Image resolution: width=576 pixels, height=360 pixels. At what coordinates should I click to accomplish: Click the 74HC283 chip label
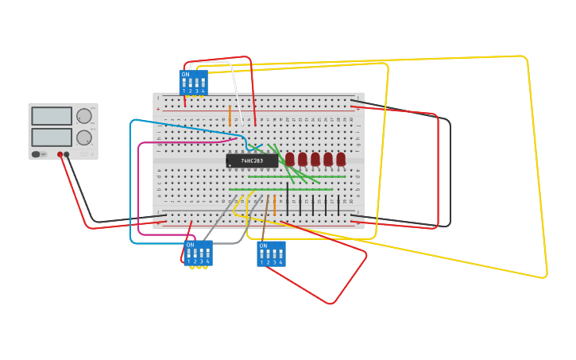252,161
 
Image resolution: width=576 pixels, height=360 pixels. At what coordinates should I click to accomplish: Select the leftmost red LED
290,159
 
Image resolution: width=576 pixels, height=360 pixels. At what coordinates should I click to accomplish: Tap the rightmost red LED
341,159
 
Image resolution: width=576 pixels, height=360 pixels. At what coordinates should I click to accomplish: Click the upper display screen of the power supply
52,116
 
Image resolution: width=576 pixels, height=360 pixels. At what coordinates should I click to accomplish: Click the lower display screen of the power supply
52,137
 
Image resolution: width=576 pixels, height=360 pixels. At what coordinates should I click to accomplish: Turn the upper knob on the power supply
83,116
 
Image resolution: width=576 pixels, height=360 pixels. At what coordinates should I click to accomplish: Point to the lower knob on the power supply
83,137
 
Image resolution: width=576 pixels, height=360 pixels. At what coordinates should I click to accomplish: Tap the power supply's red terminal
60,154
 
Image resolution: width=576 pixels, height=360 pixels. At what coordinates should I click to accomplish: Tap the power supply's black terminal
67,154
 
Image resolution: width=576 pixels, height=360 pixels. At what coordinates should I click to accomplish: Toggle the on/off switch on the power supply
37,154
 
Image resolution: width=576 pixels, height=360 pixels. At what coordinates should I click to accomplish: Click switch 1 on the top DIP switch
184,83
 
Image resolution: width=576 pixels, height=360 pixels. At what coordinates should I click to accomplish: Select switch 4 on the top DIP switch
203,83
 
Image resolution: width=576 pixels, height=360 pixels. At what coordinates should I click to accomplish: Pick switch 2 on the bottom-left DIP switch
195,254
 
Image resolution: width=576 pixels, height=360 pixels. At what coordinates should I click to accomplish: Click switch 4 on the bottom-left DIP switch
207,254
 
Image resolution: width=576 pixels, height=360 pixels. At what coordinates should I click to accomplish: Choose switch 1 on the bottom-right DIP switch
261,254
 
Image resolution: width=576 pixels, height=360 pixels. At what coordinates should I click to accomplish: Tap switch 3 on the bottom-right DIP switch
274,254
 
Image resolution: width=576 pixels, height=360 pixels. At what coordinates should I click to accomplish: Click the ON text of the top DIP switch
185,75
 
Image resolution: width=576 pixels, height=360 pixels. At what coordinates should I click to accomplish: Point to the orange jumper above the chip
230,115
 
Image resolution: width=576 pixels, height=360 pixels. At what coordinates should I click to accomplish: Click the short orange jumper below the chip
274,205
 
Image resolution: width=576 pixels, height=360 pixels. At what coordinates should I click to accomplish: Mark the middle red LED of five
315,159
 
